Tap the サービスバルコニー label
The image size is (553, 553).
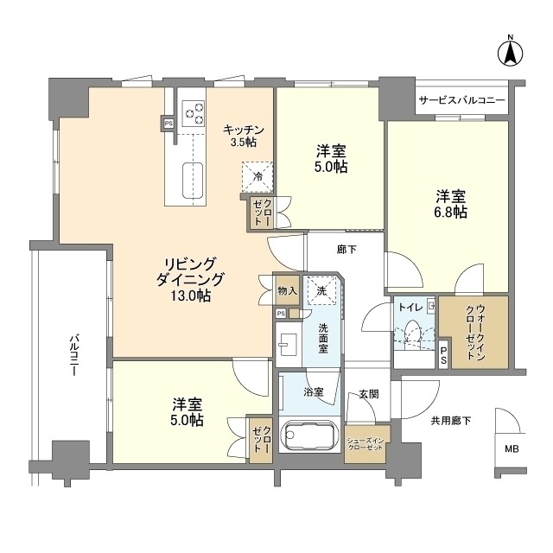pyautogui.click(x=461, y=101)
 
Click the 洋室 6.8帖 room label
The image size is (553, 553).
pyautogui.click(x=450, y=203)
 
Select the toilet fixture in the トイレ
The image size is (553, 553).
pyautogui.click(x=414, y=334)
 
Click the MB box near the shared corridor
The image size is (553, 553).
pyautogui.click(x=512, y=449)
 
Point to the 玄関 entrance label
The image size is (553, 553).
pyautogui.click(x=369, y=394)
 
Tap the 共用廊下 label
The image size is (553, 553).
pyautogui.click(x=450, y=421)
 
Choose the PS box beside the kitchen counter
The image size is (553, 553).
pyautogui.click(x=168, y=123)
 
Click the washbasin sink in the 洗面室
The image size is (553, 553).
pyautogui.click(x=288, y=343)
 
